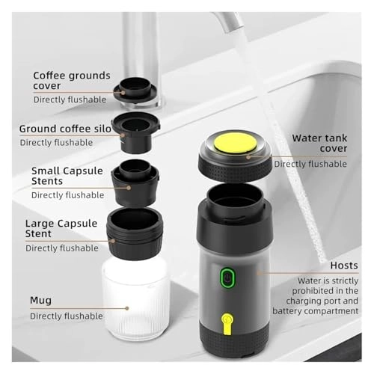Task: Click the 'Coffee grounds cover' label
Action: (72, 81)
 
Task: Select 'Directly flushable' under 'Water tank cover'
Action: (310, 164)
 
